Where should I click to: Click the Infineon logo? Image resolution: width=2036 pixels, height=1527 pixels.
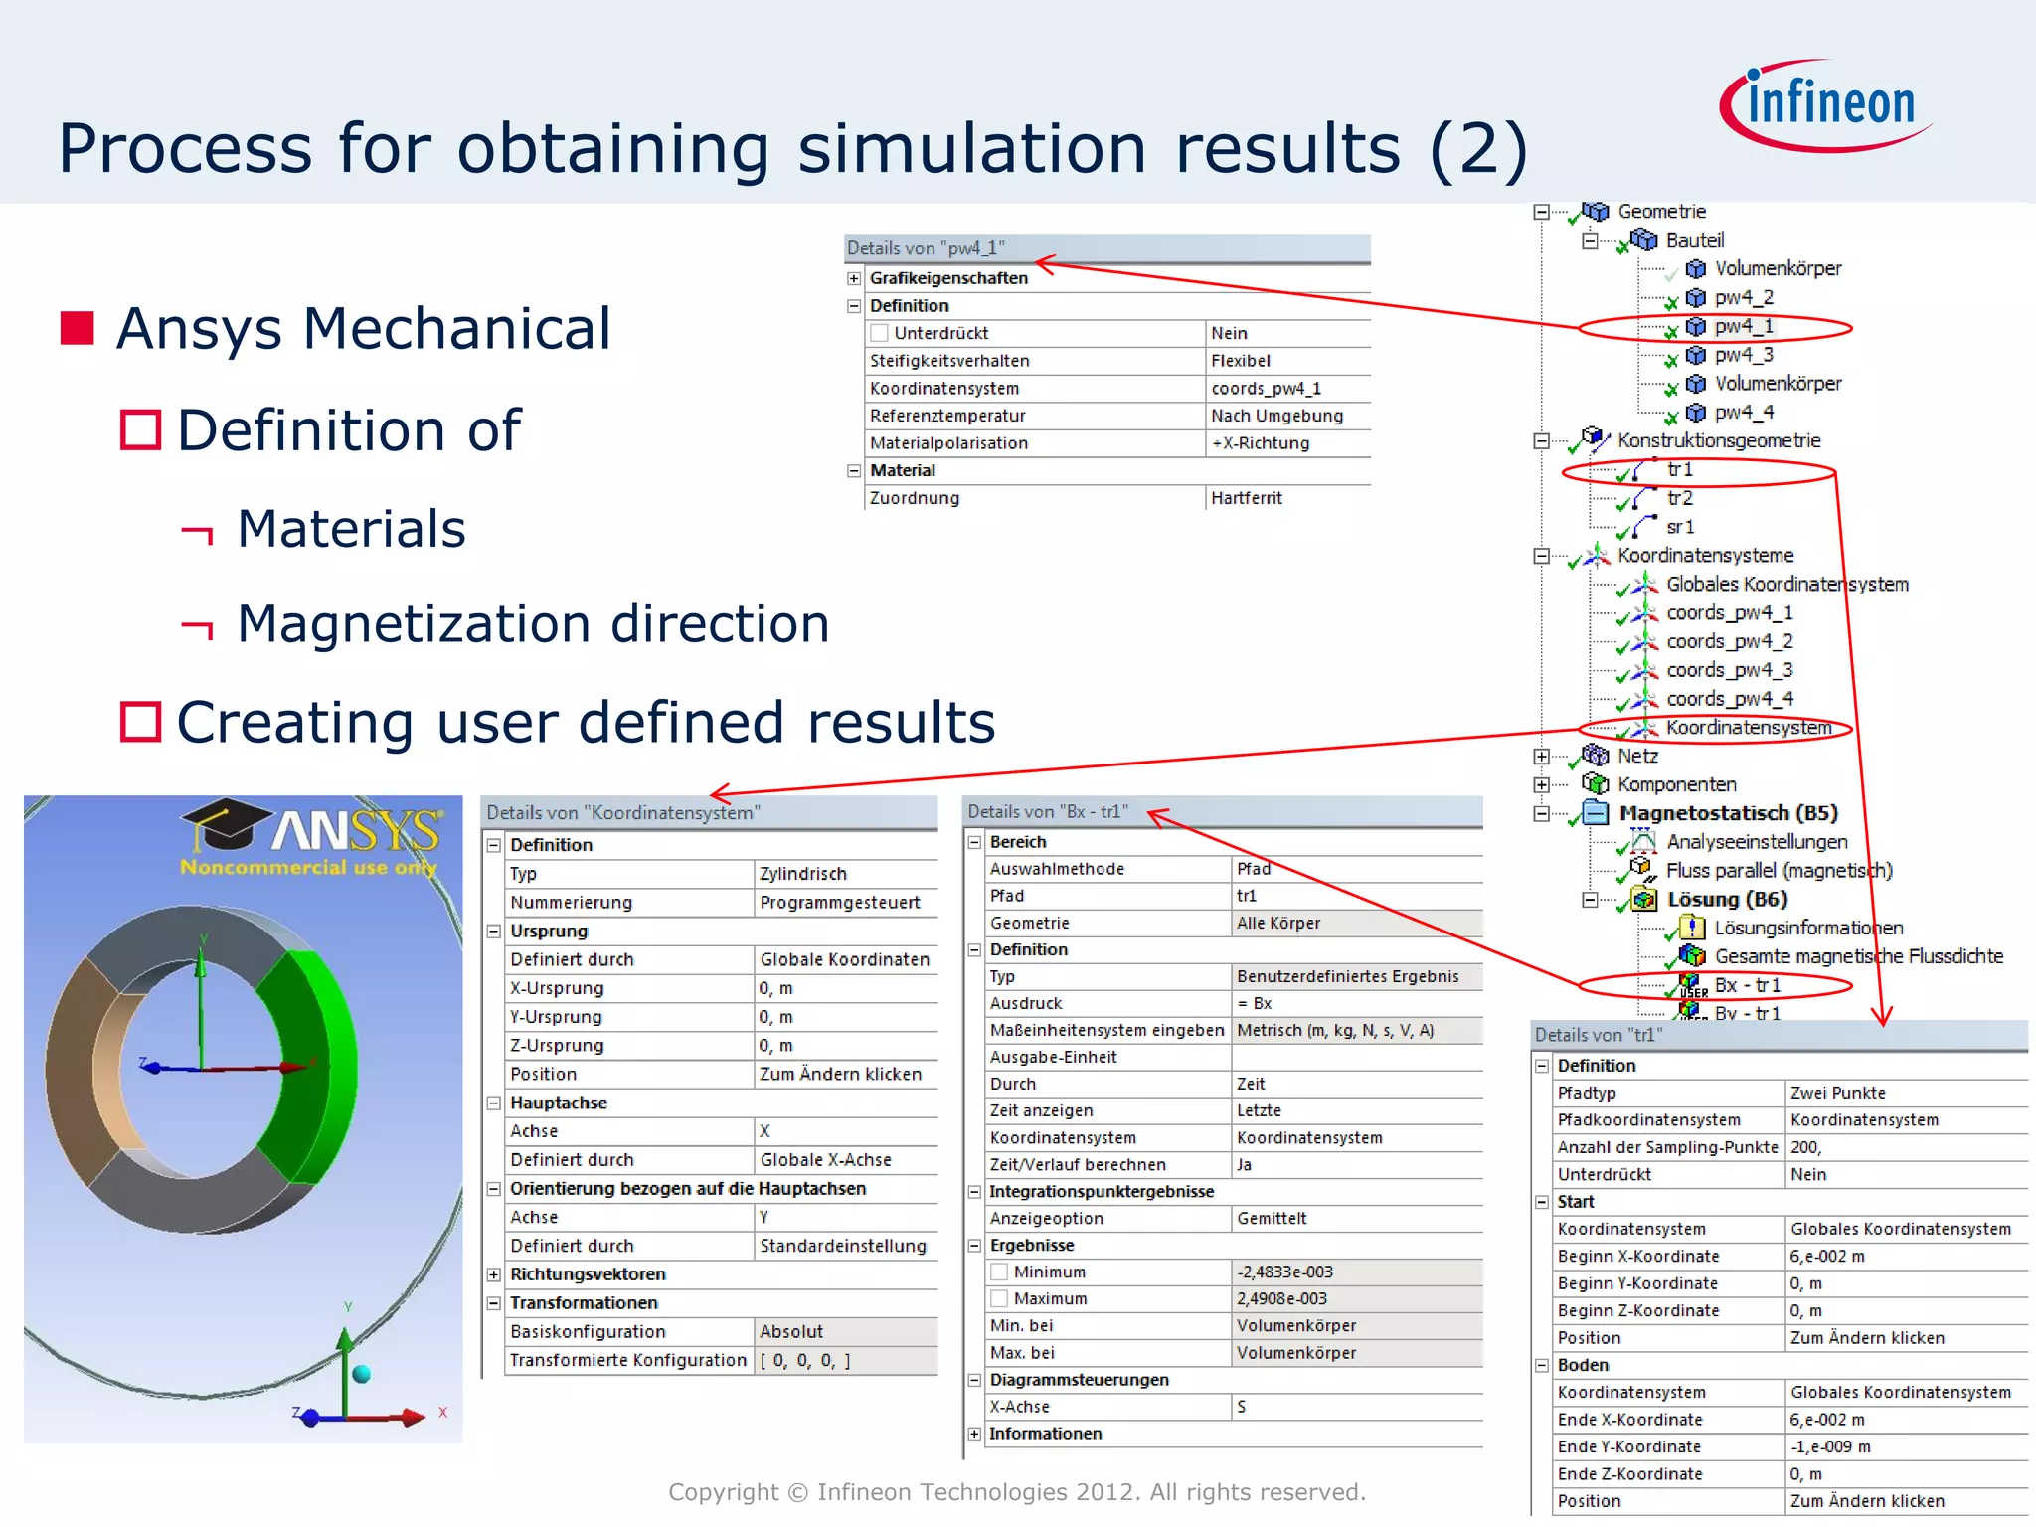click(x=1827, y=104)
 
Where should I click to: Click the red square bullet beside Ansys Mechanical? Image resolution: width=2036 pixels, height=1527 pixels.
click(x=78, y=328)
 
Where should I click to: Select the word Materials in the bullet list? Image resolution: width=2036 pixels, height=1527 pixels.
click(x=351, y=528)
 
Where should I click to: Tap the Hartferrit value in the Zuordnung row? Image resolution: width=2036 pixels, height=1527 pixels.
click(x=1247, y=498)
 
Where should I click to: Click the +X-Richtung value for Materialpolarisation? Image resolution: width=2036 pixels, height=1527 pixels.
click(x=1260, y=443)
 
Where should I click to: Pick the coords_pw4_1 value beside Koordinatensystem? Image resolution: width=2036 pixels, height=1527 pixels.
click(x=1266, y=389)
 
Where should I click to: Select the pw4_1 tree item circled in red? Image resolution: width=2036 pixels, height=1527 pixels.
click(x=1743, y=326)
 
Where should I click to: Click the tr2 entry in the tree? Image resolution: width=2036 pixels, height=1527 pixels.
click(x=1679, y=498)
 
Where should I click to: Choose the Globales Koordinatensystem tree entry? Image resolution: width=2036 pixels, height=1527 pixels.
click(x=1786, y=585)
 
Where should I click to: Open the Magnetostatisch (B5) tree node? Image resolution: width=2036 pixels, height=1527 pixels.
click(x=1728, y=813)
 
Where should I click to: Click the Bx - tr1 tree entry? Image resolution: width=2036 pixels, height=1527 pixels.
click(x=1747, y=985)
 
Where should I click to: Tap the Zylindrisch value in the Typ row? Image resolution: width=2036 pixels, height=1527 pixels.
click(x=803, y=874)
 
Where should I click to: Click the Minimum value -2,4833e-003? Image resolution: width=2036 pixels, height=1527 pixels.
click(x=1284, y=1272)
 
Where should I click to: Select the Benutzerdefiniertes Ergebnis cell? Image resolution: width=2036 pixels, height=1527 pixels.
click(x=1347, y=976)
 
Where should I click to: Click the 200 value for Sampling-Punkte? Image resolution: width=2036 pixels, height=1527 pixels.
click(x=1805, y=1147)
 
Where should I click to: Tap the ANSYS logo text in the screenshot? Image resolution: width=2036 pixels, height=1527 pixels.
click(x=354, y=831)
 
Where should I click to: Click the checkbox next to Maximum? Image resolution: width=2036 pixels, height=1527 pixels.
click(x=1000, y=1299)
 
